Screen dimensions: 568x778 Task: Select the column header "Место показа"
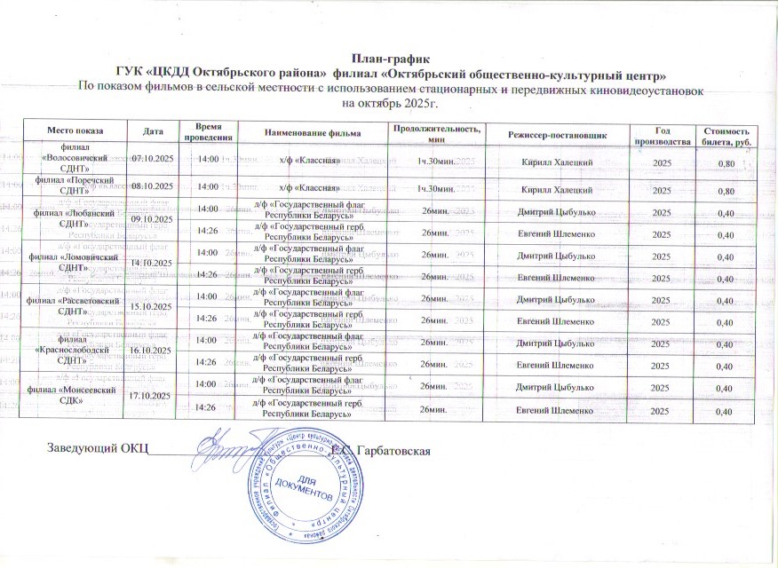tap(74, 133)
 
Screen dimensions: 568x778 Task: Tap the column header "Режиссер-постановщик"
tap(557, 133)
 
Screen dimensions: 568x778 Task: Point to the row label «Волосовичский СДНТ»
tap(74, 157)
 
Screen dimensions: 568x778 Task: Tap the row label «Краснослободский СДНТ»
tap(74, 349)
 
